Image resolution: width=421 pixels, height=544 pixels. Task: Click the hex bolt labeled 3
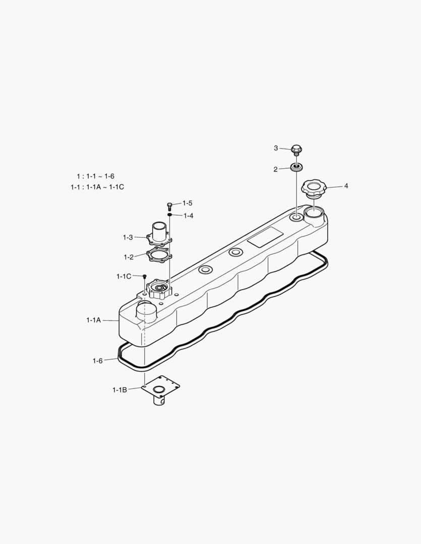click(x=296, y=149)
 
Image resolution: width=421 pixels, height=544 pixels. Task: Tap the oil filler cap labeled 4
click(x=314, y=189)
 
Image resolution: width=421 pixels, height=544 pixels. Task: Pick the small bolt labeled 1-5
click(x=170, y=205)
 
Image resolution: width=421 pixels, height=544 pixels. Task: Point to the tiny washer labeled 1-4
click(x=170, y=215)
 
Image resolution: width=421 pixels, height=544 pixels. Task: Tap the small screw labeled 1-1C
click(x=145, y=277)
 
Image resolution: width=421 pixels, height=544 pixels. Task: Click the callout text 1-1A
click(x=94, y=320)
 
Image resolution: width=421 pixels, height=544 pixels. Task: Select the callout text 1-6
click(x=97, y=361)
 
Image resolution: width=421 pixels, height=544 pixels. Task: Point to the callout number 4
click(x=346, y=186)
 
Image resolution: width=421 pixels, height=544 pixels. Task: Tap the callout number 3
click(x=276, y=148)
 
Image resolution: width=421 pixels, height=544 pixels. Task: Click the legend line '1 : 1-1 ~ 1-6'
click(x=95, y=176)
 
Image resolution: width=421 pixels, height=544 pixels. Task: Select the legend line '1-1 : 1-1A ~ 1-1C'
click(x=97, y=187)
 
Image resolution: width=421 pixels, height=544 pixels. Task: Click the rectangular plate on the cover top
click(x=265, y=237)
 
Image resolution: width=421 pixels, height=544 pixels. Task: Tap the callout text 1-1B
click(x=119, y=389)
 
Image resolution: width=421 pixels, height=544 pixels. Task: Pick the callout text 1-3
click(x=128, y=237)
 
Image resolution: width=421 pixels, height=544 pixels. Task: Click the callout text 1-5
click(x=188, y=203)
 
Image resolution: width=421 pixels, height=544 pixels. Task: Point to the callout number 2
click(x=275, y=170)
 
